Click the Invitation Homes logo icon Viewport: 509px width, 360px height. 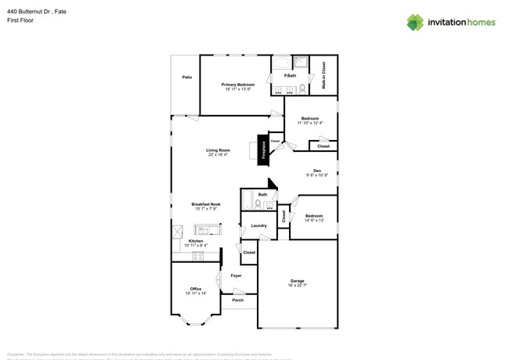click(x=415, y=22)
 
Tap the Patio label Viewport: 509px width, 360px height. click(x=187, y=77)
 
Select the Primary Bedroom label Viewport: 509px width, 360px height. click(x=238, y=85)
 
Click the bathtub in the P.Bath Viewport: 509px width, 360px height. click(x=281, y=62)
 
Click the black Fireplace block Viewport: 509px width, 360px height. click(x=265, y=148)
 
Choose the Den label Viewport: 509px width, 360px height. click(x=317, y=171)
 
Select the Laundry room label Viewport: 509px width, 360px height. click(x=258, y=225)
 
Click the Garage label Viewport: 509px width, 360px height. click(x=298, y=280)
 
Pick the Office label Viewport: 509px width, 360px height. click(x=196, y=289)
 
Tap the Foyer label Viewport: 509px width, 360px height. click(x=236, y=275)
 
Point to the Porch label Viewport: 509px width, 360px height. click(x=237, y=300)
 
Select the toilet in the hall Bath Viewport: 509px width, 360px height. click(x=258, y=203)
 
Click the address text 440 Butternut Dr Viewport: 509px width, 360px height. click(x=34, y=12)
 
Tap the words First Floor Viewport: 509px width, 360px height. click(x=19, y=21)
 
